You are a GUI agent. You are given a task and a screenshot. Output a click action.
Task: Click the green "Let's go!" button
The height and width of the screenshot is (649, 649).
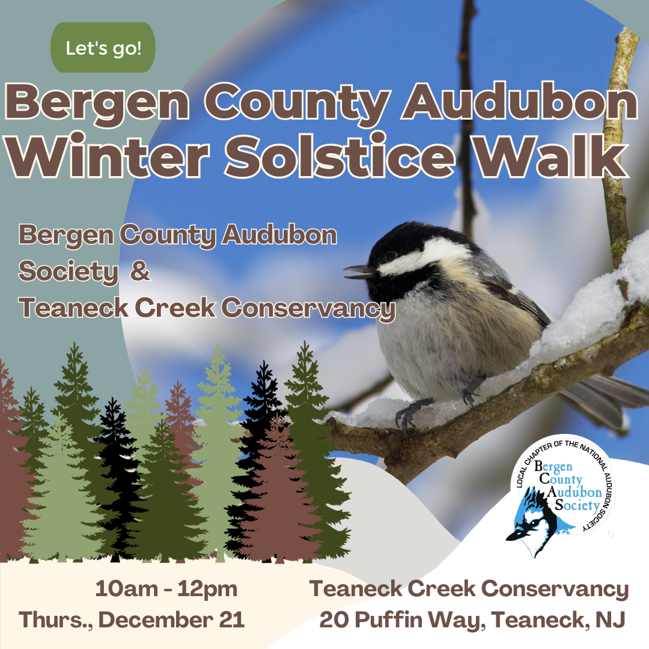point(103,48)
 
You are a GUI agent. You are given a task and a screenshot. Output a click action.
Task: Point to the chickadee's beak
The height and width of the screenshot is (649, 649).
point(356,272)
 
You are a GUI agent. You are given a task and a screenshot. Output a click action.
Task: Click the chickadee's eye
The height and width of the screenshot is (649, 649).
point(391,256)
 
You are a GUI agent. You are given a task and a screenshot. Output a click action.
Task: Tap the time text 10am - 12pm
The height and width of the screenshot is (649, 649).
point(166,590)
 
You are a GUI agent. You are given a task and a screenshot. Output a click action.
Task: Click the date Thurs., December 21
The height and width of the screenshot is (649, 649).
point(132,620)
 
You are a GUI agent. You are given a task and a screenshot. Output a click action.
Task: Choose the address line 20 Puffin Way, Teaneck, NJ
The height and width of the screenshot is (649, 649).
point(472,620)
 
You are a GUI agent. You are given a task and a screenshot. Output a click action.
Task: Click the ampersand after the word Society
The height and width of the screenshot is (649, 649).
point(139,272)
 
